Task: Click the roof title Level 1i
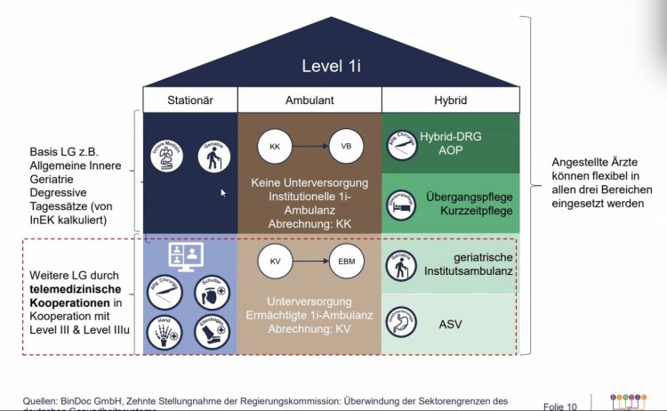[332, 65]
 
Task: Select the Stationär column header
[190, 101]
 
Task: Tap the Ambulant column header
[309, 101]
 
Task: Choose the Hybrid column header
[451, 101]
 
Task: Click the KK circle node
[274, 146]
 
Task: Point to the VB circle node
[346, 146]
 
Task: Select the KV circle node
[274, 262]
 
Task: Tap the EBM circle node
[346, 262]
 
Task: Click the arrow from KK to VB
[309, 146]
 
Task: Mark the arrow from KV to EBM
[309, 262]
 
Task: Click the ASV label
[450, 325]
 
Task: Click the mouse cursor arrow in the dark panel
[223, 192]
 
